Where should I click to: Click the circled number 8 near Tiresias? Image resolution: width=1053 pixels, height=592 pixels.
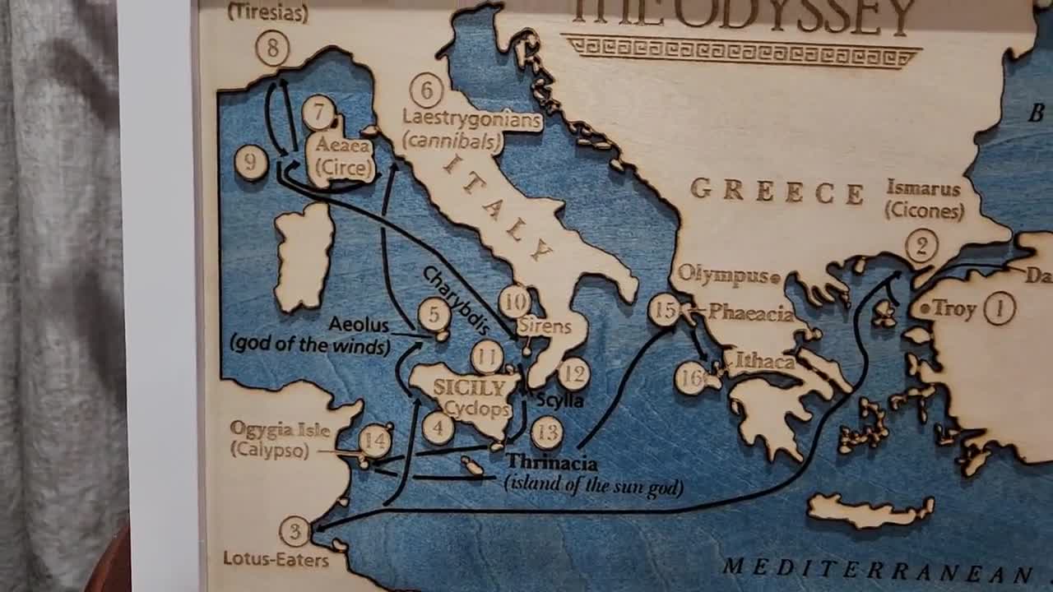pos(272,49)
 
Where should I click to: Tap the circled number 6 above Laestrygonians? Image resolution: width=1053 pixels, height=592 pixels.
pos(426,90)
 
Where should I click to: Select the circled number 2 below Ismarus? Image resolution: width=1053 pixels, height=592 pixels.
pos(921,246)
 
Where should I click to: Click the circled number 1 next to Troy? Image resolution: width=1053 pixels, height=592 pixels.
pos(1000,308)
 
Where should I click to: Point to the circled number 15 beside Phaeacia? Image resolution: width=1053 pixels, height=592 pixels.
pos(665,310)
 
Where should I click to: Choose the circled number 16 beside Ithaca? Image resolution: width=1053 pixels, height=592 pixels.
pos(691,378)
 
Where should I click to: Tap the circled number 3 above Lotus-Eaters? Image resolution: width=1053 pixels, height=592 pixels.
pos(295,531)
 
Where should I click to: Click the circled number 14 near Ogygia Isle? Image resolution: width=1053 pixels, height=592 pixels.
pos(374,441)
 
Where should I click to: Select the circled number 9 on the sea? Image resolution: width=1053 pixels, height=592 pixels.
pos(251,162)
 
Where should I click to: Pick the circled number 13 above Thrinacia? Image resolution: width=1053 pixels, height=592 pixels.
pos(546,432)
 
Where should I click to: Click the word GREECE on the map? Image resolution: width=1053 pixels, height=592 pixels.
pos(777,191)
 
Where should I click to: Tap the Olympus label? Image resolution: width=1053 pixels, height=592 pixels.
pos(723,275)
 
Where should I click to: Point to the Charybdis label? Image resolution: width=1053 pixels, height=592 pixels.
pos(455,299)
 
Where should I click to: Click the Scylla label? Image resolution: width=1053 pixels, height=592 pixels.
pos(559,400)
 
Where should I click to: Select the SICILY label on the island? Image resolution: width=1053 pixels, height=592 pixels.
pos(469,387)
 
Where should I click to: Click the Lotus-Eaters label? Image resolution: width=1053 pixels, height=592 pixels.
pos(276,560)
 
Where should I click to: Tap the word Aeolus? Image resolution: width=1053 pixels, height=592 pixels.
pos(358,324)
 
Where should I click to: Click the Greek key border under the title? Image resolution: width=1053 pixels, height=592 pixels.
pos(740,51)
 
